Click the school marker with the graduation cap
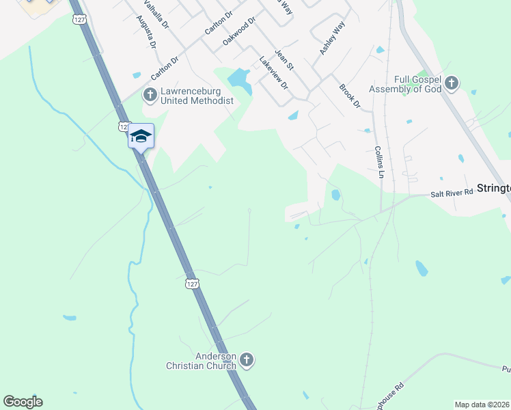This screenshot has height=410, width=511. tap(141, 135)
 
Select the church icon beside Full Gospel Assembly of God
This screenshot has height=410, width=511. tap(451, 83)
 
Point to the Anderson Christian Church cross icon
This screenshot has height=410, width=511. tap(247, 359)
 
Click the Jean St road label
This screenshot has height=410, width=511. tap(284, 59)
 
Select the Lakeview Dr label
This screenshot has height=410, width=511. tap(274, 72)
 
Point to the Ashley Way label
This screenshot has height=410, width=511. tap(333, 38)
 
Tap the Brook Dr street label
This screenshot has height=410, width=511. tap(350, 95)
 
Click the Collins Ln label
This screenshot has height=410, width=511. tap(378, 161)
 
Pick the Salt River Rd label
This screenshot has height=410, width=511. tap(452, 193)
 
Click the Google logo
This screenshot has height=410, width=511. tap(23, 402)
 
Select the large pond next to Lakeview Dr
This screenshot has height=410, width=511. tap(240, 80)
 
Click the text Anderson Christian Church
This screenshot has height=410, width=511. tap(202, 361)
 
